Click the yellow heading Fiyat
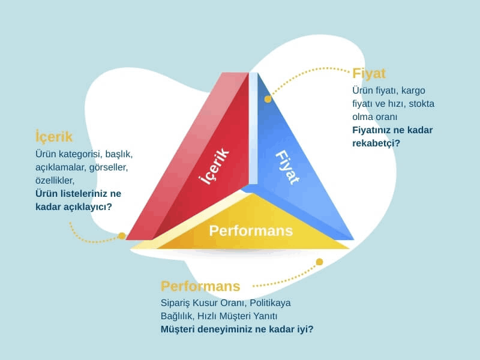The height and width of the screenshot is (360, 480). (x=368, y=74)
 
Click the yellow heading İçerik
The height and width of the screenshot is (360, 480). (x=53, y=137)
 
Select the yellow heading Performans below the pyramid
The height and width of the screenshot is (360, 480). (x=200, y=286)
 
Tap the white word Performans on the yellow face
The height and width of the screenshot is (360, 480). (x=251, y=231)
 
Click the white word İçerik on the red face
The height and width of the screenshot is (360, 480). (x=214, y=166)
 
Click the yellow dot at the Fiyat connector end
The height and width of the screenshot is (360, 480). (x=268, y=99)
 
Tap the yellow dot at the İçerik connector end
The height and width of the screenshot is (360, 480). (x=122, y=236)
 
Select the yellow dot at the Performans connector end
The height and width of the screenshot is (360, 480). (x=319, y=262)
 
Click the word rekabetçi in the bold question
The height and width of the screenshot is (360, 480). (x=373, y=143)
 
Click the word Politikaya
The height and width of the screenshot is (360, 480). (x=270, y=303)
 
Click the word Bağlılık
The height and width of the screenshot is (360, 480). (x=177, y=316)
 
